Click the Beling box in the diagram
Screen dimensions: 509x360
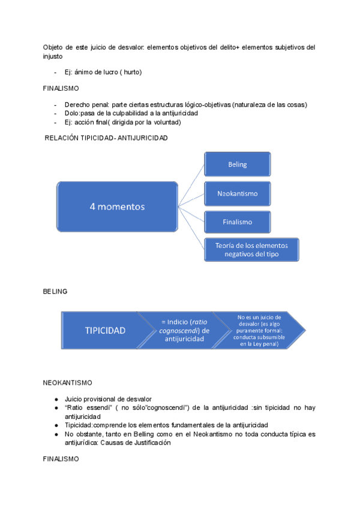237,164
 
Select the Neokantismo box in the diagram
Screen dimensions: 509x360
237,193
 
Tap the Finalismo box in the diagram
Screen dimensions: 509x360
237,222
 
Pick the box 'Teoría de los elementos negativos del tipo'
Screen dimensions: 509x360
251,249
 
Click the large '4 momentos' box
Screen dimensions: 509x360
118,206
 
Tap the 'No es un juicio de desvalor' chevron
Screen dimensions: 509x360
259,330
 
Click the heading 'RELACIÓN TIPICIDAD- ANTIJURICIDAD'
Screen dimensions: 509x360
107,137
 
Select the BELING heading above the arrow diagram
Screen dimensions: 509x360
55,291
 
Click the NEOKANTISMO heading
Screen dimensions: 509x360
67,382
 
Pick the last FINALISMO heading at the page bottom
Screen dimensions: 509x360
61,458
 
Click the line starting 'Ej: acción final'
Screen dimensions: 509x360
122,122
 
